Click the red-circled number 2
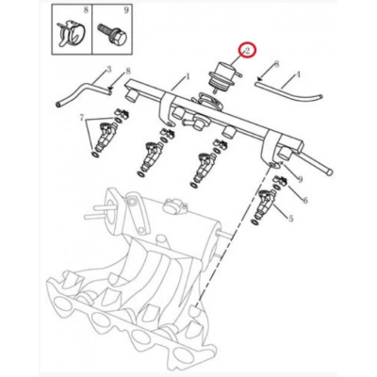[x=247, y=51]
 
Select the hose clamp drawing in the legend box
[x=71, y=34]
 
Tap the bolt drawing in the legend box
[x=113, y=34]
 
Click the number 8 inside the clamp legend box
[x=86, y=10]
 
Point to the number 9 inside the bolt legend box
[x=126, y=10]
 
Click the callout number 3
[x=109, y=69]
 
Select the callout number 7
[x=82, y=118]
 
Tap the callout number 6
[x=304, y=200]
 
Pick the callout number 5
[x=290, y=218]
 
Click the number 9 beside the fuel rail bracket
[x=300, y=179]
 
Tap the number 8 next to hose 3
[x=128, y=72]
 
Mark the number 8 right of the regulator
[x=276, y=64]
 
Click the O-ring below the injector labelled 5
[x=255, y=222]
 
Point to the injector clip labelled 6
[x=281, y=181]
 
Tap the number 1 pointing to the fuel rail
[x=188, y=76]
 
